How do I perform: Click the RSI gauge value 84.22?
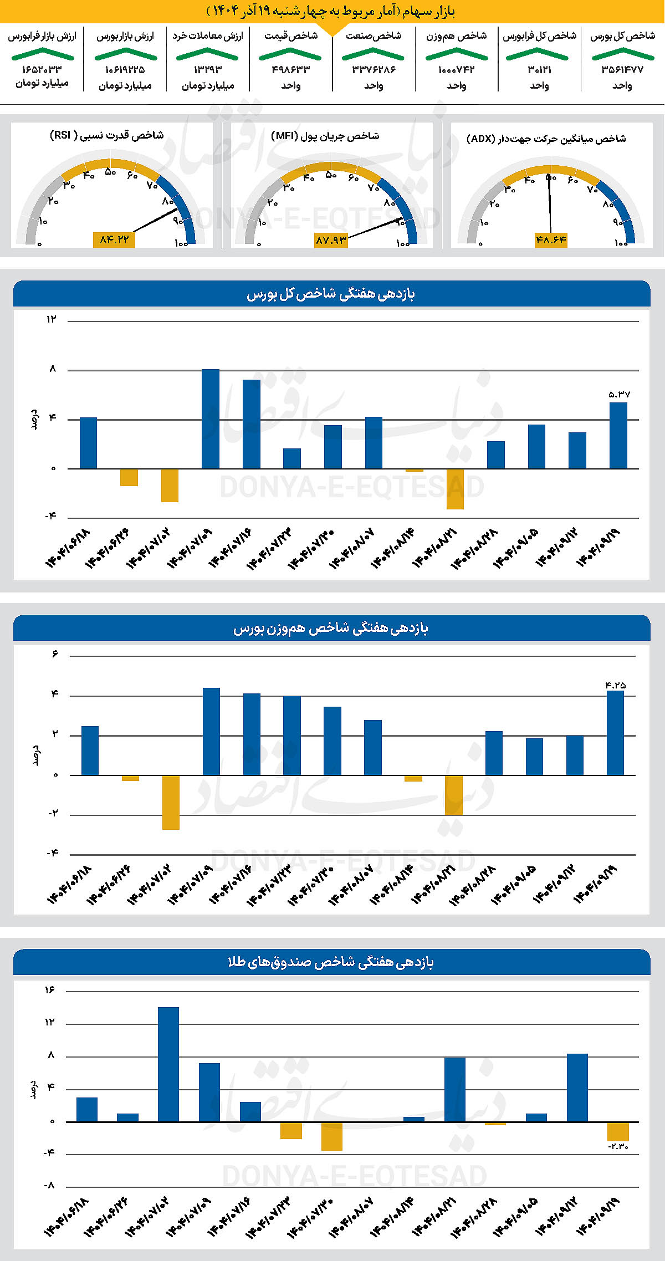point(114,239)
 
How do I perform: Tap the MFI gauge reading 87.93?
point(331,240)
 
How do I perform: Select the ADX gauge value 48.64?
point(551,240)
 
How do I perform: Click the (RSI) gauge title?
point(106,135)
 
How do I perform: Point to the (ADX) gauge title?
point(546,139)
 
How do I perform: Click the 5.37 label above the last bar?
point(618,395)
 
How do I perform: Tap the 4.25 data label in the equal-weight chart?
point(616,686)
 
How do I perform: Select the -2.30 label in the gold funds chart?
point(618,1146)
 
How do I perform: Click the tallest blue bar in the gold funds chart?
point(168,1064)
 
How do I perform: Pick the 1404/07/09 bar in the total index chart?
point(210,419)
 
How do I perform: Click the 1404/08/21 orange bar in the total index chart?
point(455,489)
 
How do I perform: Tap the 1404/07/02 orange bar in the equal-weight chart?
point(171,802)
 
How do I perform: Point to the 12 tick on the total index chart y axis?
point(52,319)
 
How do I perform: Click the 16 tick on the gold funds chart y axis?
point(50,990)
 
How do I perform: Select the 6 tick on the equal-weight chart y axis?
point(55,654)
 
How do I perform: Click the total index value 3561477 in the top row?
point(622,70)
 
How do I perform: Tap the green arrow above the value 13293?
point(207,54)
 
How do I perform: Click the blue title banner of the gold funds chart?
point(331,962)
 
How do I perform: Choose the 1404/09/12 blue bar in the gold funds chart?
point(577,1088)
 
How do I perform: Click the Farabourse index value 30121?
point(539,70)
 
